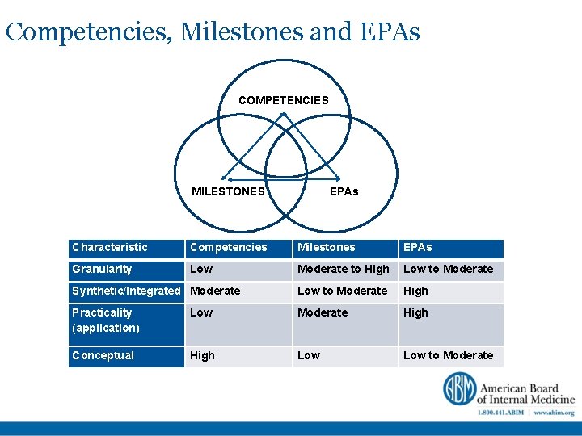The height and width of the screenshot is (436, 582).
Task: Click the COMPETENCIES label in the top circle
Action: tap(284, 101)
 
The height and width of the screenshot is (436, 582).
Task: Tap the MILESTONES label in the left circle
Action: tap(228, 191)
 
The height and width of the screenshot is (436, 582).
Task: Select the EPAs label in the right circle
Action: tap(344, 191)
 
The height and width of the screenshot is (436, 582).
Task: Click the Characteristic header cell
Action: tap(110, 248)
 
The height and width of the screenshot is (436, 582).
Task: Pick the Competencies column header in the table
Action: tap(228, 248)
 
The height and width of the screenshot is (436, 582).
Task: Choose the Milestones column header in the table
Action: tap(327, 248)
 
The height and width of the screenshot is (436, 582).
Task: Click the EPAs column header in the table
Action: tap(418, 248)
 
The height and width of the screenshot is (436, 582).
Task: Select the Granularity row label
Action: tap(102, 270)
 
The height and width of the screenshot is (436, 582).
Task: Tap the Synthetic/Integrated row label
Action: tap(126, 291)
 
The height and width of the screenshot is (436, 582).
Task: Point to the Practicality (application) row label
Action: tap(106, 321)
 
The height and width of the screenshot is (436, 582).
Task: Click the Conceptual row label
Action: tap(103, 356)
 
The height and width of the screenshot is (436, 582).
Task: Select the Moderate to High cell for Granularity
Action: tap(344, 270)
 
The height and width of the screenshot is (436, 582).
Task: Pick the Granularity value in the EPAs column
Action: tap(448, 270)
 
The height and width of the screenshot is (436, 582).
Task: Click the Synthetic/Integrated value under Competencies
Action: tap(215, 291)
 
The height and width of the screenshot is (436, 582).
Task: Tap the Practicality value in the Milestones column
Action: tap(323, 313)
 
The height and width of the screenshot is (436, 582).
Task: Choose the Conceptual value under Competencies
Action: tap(202, 356)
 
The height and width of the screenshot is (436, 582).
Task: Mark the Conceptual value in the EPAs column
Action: tap(448, 356)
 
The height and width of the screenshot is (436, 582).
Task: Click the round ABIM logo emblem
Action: tap(458, 389)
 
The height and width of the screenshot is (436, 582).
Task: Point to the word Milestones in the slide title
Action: tap(241, 32)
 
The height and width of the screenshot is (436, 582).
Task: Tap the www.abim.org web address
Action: tap(554, 413)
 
